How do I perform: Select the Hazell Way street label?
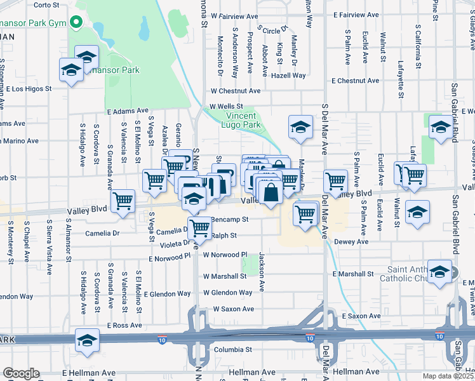(288, 76)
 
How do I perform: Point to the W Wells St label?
(227, 106)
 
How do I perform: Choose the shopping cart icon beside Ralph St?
(200, 227)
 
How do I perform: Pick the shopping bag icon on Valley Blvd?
(271, 192)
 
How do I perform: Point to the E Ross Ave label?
(124, 325)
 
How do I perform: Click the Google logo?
(21, 373)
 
